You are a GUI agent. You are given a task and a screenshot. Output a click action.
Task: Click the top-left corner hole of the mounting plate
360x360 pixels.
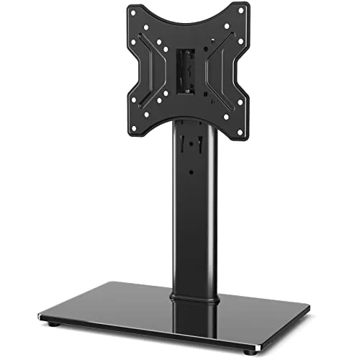pyautogui.click(x=135, y=12)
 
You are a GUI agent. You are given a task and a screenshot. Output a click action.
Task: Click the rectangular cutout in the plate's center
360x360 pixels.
pyautogui.click(x=186, y=72)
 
